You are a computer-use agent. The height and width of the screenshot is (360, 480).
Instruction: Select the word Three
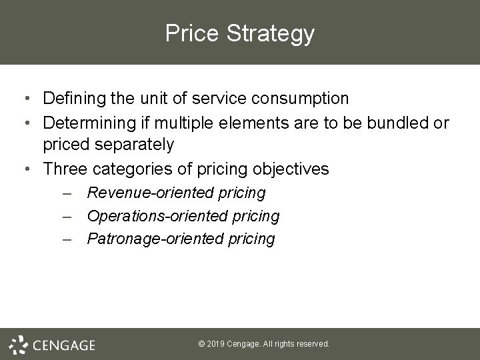click(x=64, y=169)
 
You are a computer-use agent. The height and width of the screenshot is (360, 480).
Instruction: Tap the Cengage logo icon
click(x=18, y=343)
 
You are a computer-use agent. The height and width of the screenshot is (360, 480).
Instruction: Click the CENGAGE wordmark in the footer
click(x=64, y=345)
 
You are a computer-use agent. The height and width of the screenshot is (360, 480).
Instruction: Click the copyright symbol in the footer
click(x=202, y=344)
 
